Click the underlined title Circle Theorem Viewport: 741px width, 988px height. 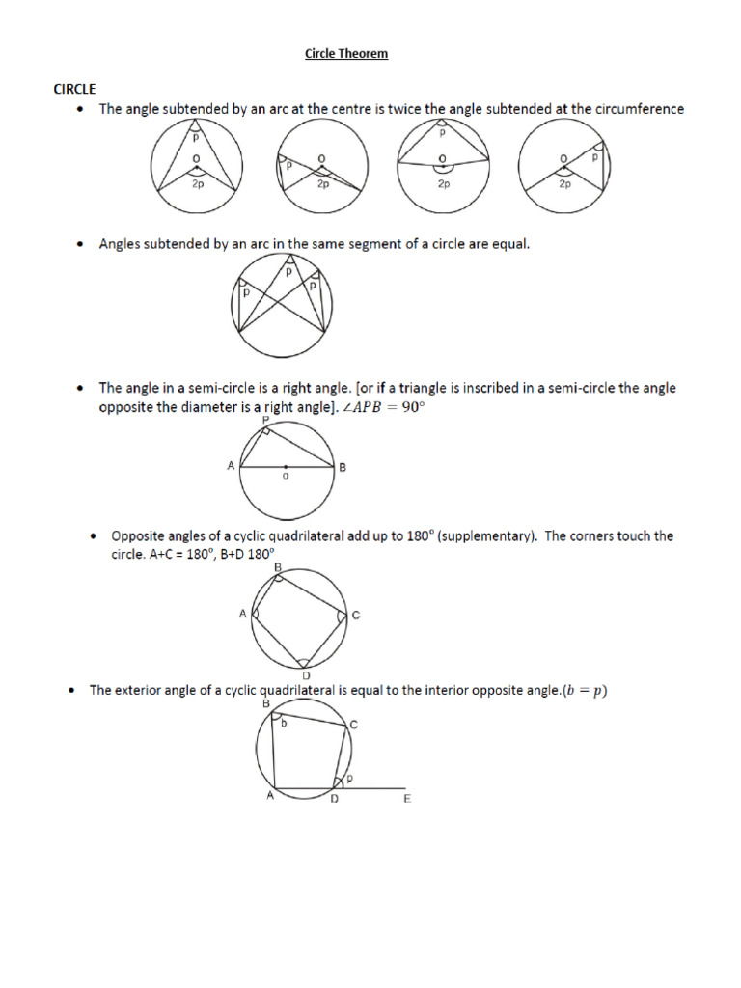(x=346, y=54)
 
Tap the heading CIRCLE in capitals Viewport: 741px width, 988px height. (x=74, y=89)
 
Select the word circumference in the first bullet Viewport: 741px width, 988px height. (x=636, y=109)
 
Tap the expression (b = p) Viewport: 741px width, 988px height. (x=579, y=690)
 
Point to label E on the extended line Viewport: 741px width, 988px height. (x=407, y=799)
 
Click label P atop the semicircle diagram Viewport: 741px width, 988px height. (x=264, y=421)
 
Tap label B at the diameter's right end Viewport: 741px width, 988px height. (x=342, y=467)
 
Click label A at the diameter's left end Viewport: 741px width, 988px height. (x=231, y=466)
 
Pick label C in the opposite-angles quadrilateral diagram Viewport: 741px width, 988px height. (x=356, y=616)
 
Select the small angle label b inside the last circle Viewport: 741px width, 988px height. (x=285, y=723)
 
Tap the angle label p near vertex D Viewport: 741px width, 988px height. (x=348, y=777)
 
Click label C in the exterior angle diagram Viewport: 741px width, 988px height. (x=353, y=725)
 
